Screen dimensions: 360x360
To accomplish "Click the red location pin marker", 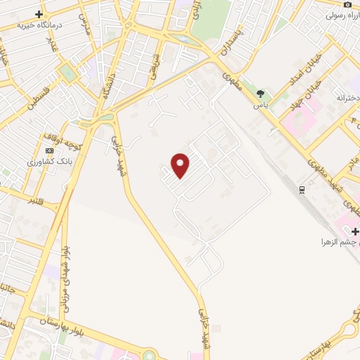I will tap(181, 165).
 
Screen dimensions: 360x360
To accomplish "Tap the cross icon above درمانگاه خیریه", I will tap(39, 14).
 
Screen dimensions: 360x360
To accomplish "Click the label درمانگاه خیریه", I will tap(41, 25).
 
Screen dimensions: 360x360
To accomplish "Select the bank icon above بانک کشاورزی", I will tap(49, 150).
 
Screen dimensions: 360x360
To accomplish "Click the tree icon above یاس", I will tap(261, 94).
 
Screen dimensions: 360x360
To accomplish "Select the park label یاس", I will tap(261, 104).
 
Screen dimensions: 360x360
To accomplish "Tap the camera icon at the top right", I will tap(347, 4).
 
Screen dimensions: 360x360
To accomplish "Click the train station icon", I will tap(302, 190).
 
